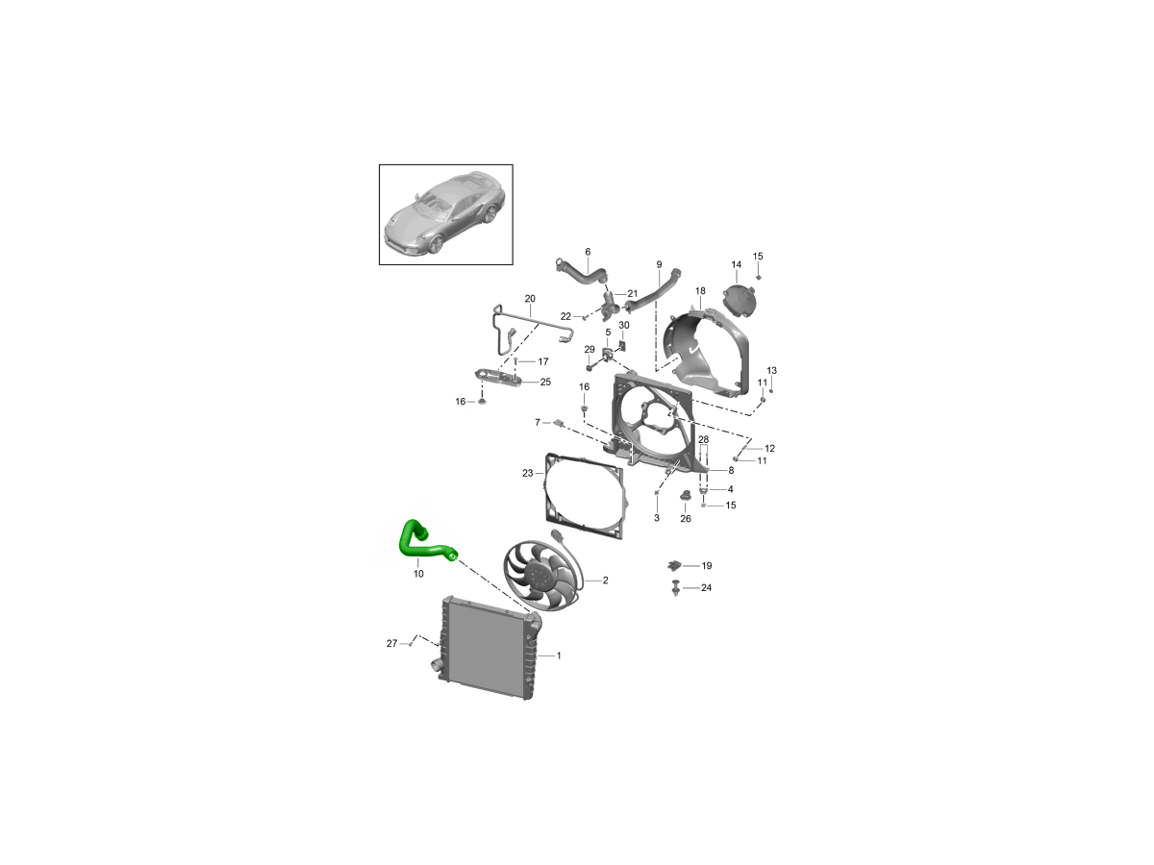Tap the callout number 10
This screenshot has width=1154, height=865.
pyautogui.click(x=418, y=574)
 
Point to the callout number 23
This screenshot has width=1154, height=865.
pyautogui.click(x=527, y=473)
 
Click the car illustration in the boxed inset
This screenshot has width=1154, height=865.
pyautogui.click(x=445, y=213)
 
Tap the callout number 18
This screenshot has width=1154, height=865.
pyautogui.click(x=700, y=291)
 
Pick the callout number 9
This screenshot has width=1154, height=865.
pyautogui.click(x=659, y=264)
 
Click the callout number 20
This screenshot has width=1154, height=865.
pyautogui.click(x=530, y=298)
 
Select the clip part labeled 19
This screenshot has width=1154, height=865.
pyautogui.click(x=674, y=566)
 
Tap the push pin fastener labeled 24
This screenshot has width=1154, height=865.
pyautogui.click(x=676, y=588)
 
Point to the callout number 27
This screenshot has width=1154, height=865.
pyautogui.click(x=391, y=643)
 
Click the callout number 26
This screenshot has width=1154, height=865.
pyautogui.click(x=685, y=519)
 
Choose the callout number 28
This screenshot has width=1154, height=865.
pyautogui.click(x=703, y=439)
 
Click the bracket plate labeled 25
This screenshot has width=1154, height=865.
pyautogui.click(x=497, y=378)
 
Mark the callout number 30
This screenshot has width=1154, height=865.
pyautogui.click(x=623, y=325)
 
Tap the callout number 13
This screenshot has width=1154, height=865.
pyautogui.click(x=771, y=370)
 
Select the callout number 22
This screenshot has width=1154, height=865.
pyautogui.click(x=565, y=316)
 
